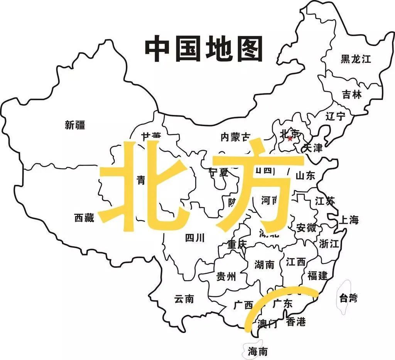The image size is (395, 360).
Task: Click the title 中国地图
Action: (203, 49)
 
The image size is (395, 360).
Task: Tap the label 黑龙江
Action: (356, 59)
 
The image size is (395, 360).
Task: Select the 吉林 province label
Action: (352, 95)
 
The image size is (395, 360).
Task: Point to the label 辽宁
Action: (335, 116)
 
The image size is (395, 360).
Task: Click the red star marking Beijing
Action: (290, 138)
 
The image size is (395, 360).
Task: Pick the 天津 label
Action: (312, 148)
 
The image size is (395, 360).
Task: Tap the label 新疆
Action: (75, 125)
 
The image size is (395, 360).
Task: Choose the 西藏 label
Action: (84, 218)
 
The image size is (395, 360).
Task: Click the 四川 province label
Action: (195, 238)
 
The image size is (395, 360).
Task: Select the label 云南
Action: (184, 299)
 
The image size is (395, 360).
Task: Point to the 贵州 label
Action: (226, 277)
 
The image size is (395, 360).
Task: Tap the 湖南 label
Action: (265, 265)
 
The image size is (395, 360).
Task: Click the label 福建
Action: (317, 275)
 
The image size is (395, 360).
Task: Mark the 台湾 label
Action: (348, 298)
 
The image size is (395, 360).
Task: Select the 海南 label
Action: (258, 352)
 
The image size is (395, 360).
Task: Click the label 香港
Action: (296, 322)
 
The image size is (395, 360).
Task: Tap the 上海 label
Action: (349, 220)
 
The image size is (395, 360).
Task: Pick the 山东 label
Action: (305, 176)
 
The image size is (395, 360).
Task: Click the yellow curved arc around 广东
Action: (270, 297)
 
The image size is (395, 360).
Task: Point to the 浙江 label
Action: (329, 243)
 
